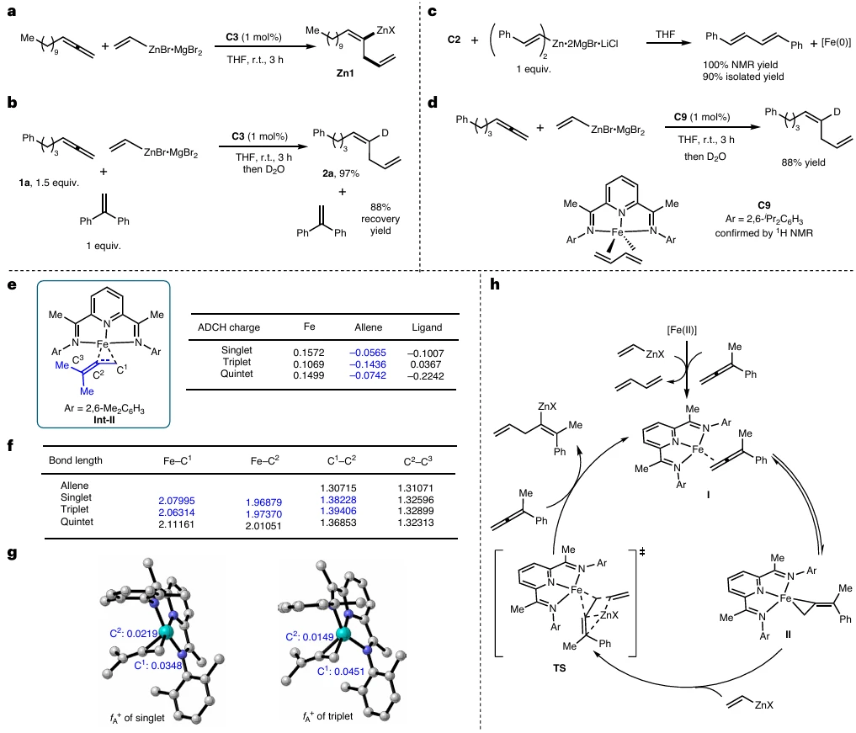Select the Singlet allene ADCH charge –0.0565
pos(368,353)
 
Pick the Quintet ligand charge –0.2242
pos(425,376)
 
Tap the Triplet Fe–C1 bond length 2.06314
pos(176,513)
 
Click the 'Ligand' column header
pos(427,327)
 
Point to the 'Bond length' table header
pos(76,460)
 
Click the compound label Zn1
pos(345,72)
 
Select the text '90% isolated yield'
pos(743,77)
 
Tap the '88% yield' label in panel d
pos(803,162)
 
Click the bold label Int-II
pos(104,420)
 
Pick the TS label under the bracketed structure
pos(559,667)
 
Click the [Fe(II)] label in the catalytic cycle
pos(682,330)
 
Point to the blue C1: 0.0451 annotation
pos(341,671)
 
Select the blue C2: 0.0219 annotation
pos(133,633)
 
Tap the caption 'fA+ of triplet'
pos(327,716)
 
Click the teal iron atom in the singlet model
pos(166,633)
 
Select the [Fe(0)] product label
pos(836,42)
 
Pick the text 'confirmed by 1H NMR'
pos(763,233)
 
